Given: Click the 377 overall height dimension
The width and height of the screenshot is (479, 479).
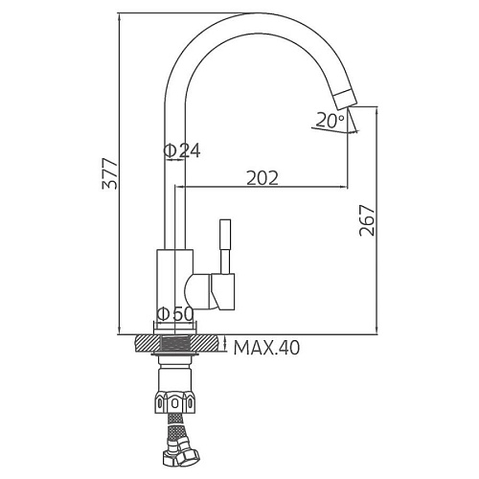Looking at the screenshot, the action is (x=109, y=173).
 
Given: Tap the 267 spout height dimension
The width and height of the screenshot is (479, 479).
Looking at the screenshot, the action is (x=366, y=220).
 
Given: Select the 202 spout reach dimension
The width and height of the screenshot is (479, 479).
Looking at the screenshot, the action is (x=262, y=178).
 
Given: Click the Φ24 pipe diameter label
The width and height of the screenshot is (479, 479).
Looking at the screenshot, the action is (x=182, y=150).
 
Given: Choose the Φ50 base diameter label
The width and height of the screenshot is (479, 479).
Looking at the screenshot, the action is (x=175, y=314).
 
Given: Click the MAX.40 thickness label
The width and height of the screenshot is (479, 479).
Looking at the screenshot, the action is (x=266, y=348).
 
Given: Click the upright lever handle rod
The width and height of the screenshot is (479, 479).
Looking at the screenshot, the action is (x=225, y=246).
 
